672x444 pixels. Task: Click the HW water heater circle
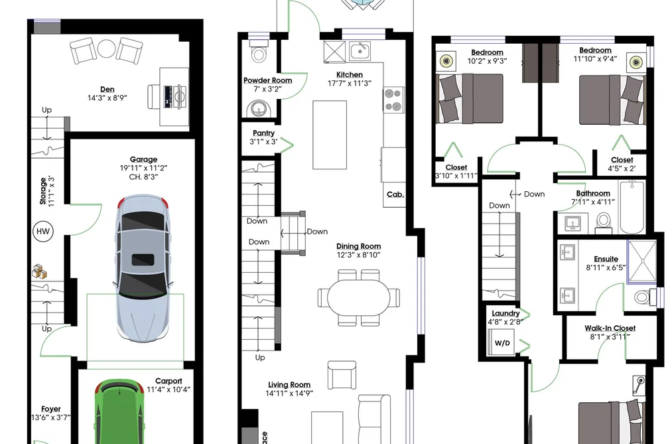[43, 232]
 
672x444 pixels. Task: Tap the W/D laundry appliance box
[502, 343]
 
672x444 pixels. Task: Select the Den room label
[107, 89]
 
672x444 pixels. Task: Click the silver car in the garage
[143, 268]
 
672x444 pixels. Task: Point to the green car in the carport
[119, 411]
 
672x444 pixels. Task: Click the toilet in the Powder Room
[259, 52]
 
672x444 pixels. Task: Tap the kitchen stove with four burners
[393, 100]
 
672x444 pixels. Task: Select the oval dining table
[358, 297]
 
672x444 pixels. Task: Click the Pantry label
[263, 133]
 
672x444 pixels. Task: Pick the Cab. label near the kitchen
[395, 194]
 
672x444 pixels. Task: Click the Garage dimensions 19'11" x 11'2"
[143, 168]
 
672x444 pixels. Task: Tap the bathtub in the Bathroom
[632, 207]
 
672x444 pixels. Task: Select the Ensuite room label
[606, 259]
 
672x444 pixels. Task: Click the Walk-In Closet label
[610, 329]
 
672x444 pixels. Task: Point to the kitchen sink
[360, 51]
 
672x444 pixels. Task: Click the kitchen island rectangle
[330, 135]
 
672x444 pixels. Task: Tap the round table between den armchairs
[105, 48]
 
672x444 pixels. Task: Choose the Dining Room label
[358, 246]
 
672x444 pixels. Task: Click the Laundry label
[505, 313]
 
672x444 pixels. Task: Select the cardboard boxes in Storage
[40, 271]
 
